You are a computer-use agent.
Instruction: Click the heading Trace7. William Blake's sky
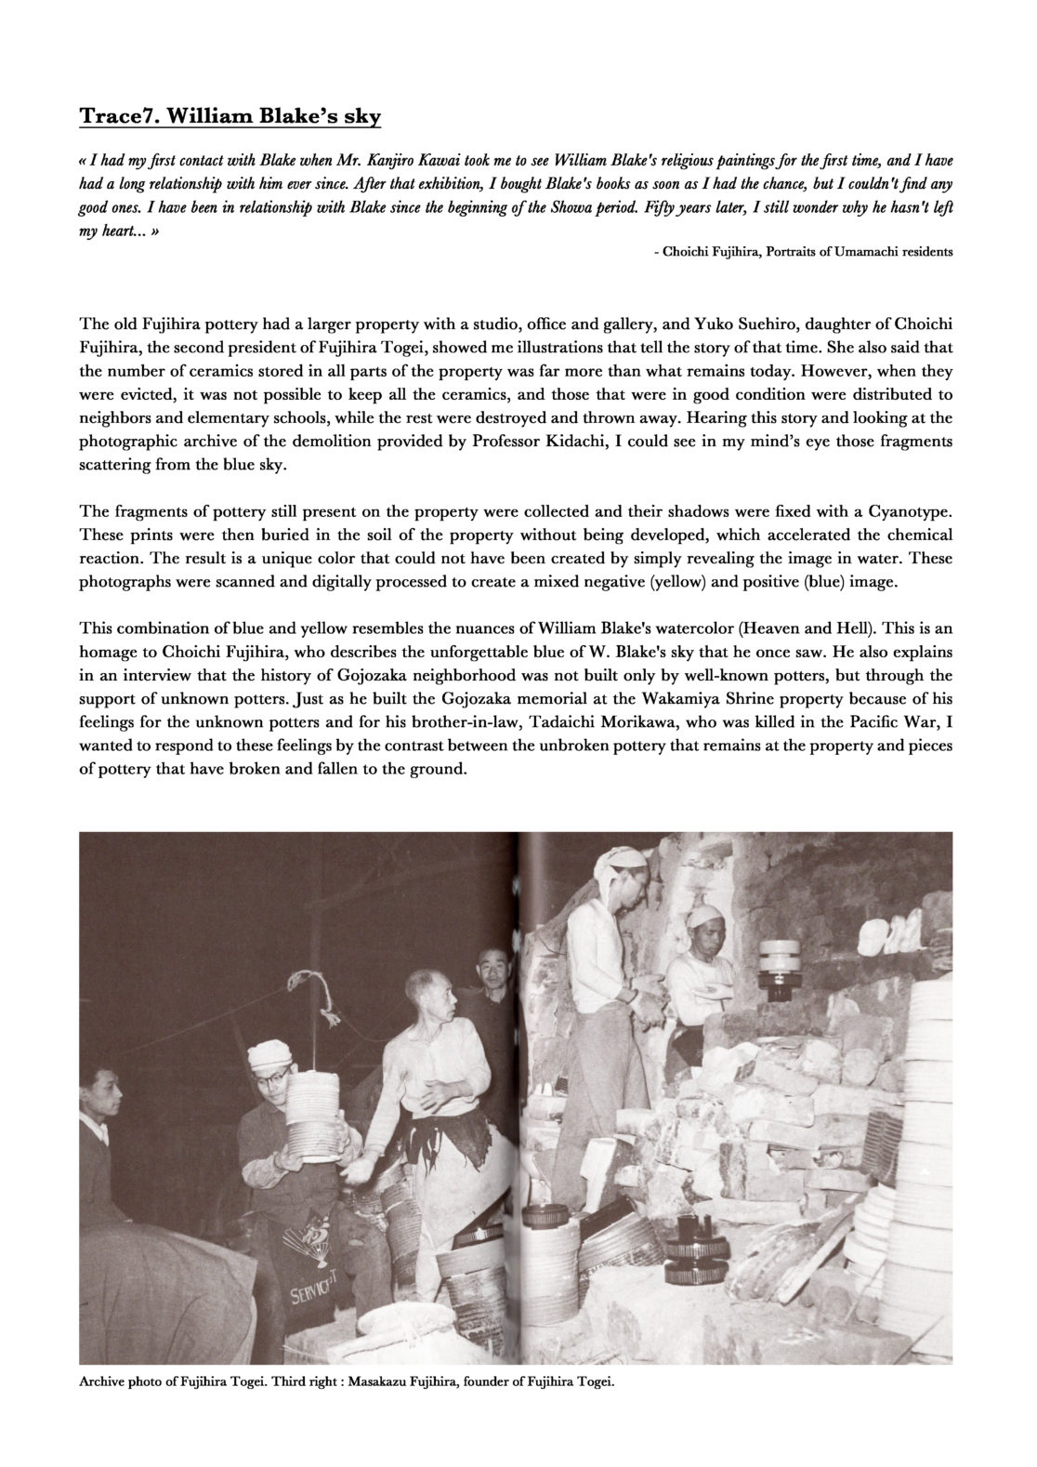click(x=230, y=117)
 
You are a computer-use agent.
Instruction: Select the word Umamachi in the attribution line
click(x=852, y=252)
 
